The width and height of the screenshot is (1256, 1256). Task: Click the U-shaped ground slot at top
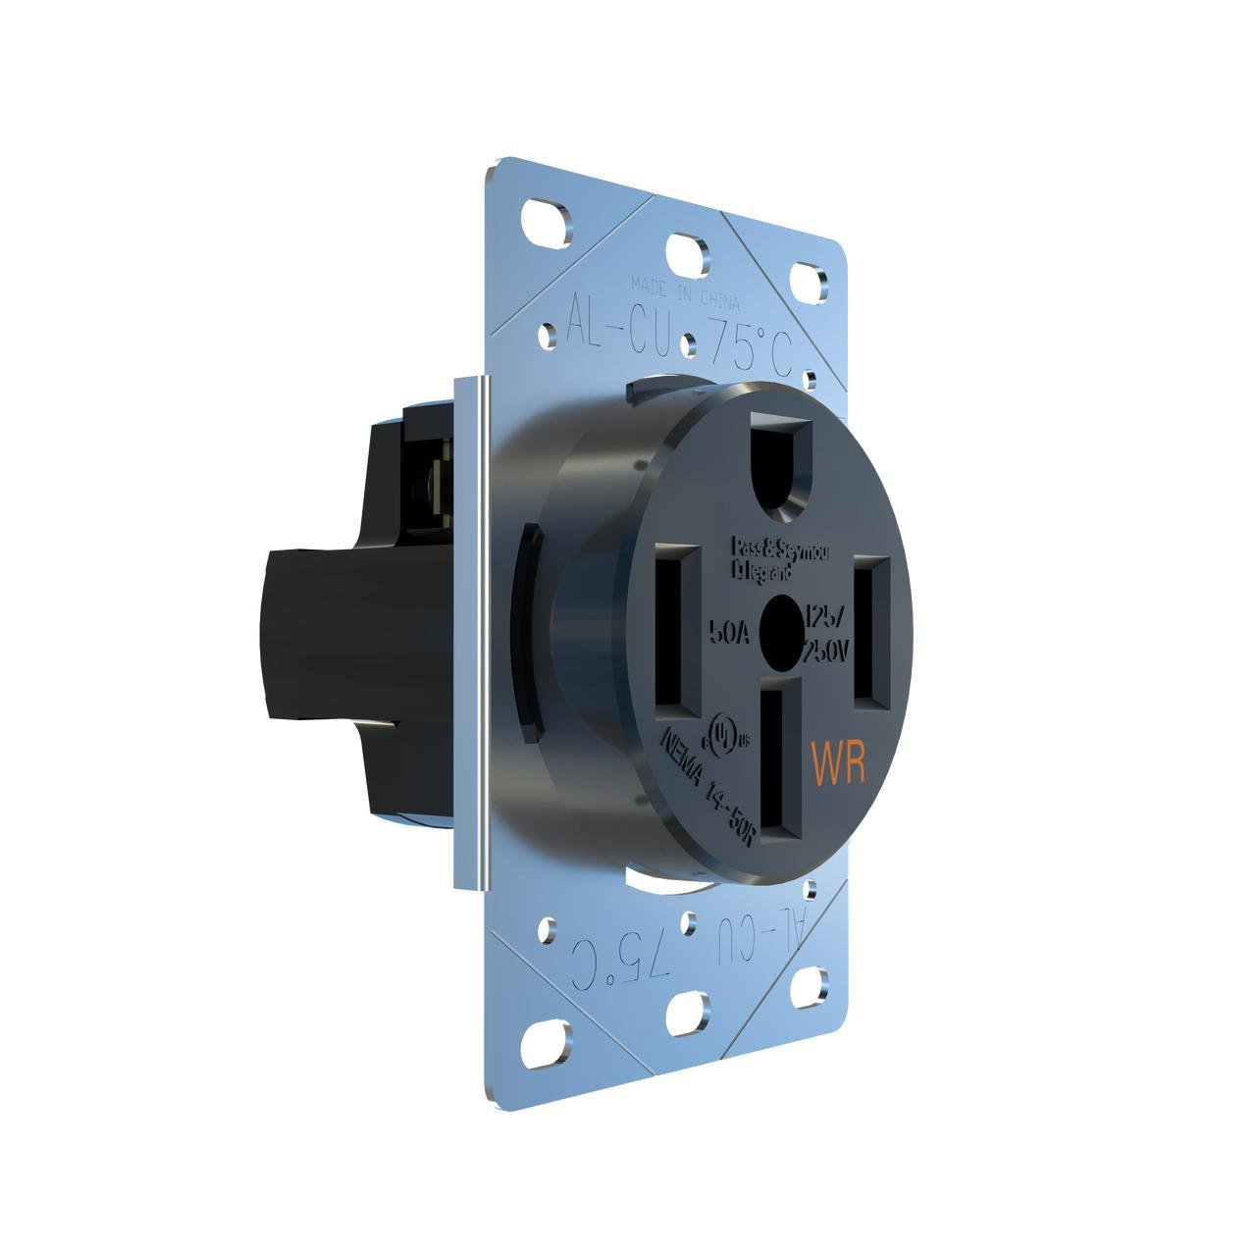coord(781,462)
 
